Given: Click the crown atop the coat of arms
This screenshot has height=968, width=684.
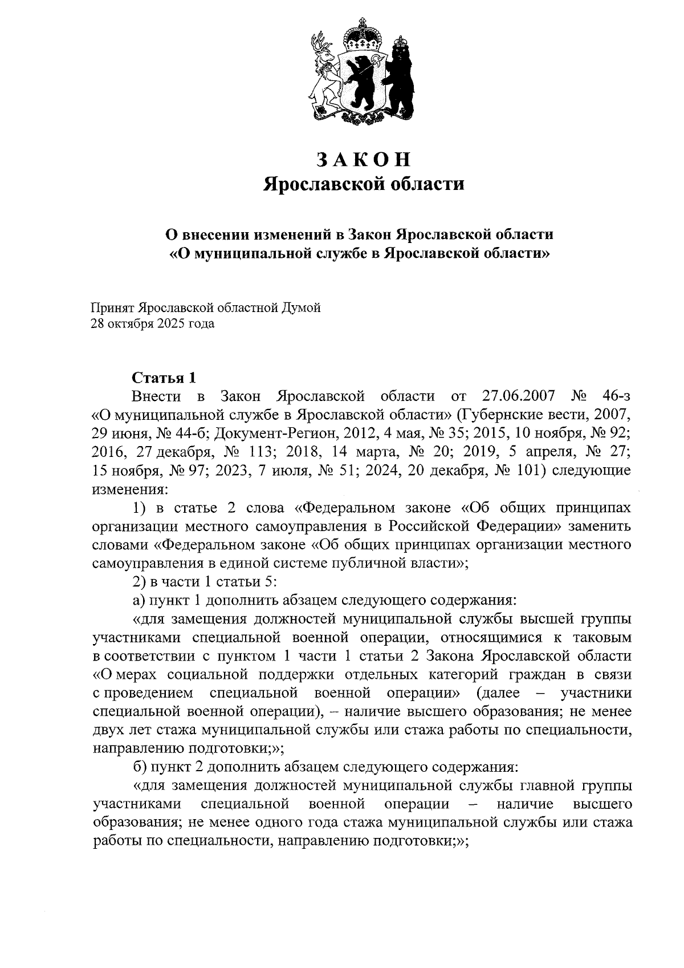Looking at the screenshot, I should point(362,36).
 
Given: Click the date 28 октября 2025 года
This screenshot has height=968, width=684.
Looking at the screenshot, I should point(153,325).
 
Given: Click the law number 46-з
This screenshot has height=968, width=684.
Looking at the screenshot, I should point(616,396).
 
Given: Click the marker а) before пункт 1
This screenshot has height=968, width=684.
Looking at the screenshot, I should point(139,601).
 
